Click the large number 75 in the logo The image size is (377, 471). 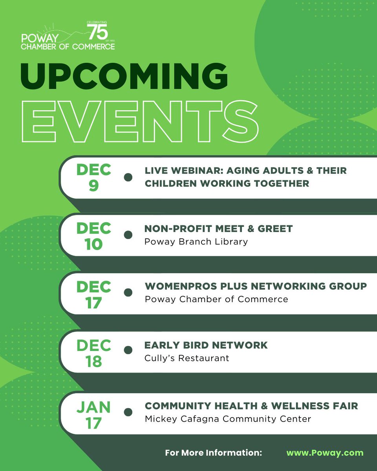(x=97, y=32)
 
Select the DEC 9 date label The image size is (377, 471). (x=93, y=177)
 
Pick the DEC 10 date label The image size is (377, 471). (x=93, y=235)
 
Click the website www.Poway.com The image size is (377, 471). (x=325, y=453)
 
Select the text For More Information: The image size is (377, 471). (x=214, y=453)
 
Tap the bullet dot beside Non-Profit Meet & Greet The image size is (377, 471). (x=128, y=235)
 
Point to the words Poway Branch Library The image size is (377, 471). (x=196, y=241)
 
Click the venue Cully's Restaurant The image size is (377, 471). (x=187, y=358)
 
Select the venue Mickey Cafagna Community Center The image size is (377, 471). (x=228, y=419)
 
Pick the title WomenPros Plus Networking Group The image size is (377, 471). (x=256, y=286)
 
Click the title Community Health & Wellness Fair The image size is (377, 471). (x=251, y=406)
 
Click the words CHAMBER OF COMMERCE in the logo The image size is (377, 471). (x=68, y=47)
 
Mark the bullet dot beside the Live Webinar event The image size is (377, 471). (x=128, y=177)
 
